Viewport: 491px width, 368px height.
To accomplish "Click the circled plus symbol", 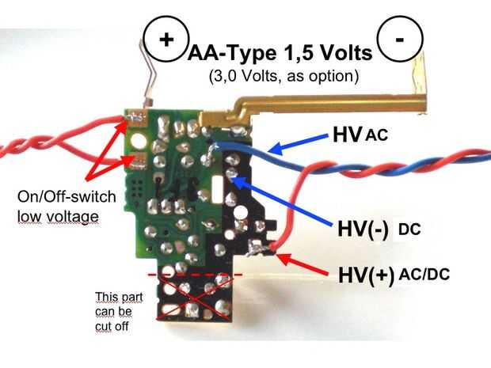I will [165, 40].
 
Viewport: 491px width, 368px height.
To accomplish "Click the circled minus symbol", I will [398, 40].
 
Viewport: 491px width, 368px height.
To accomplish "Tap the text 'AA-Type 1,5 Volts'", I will [279, 55].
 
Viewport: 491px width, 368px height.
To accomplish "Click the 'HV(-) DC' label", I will [377, 230].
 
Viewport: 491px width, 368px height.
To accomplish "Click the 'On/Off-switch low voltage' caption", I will [62, 203].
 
